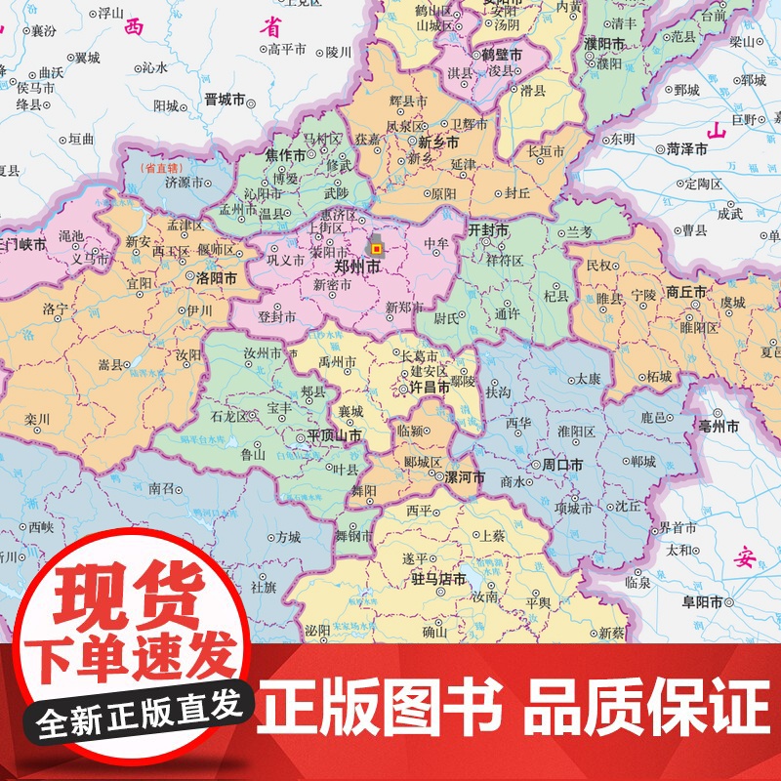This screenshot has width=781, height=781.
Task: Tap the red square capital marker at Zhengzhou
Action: pyautogui.click(x=378, y=248)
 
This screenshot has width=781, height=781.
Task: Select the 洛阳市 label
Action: pyautogui.click(x=215, y=278)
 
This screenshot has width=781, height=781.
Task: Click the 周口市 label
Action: pyautogui.click(x=562, y=467)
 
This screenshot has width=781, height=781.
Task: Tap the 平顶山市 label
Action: pyautogui.click(x=334, y=435)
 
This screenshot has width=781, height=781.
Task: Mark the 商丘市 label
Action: pyautogui.click(x=686, y=292)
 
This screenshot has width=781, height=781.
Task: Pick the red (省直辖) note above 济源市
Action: pyautogui.click(x=162, y=168)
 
